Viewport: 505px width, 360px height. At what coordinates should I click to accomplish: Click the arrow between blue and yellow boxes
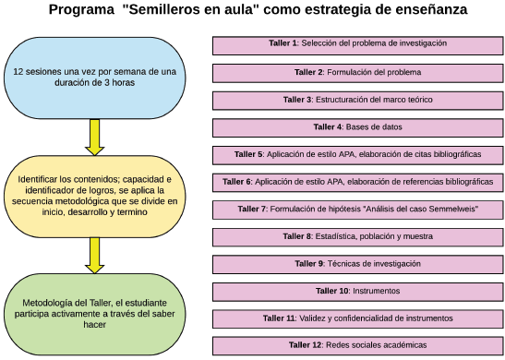[93, 137]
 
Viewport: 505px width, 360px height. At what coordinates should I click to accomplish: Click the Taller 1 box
[356, 43]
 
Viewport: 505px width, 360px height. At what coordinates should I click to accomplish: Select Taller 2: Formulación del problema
[356, 71]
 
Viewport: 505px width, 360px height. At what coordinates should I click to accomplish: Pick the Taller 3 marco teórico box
[356, 99]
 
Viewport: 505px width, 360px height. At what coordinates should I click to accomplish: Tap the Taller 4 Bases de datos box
[356, 126]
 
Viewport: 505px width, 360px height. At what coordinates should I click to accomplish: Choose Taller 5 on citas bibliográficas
[356, 154]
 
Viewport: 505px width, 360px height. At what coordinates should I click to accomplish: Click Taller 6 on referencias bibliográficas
[356, 182]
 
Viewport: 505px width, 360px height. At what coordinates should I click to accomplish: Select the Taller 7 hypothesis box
[356, 210]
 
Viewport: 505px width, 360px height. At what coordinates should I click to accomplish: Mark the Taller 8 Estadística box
[356, 237]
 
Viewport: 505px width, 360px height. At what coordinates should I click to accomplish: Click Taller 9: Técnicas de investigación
[356, 264]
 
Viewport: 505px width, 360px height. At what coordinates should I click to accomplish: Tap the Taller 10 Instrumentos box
[356, 292]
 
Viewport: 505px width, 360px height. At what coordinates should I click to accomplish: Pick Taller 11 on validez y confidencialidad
[356, 318]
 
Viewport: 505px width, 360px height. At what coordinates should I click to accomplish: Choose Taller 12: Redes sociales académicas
[356, 346]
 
